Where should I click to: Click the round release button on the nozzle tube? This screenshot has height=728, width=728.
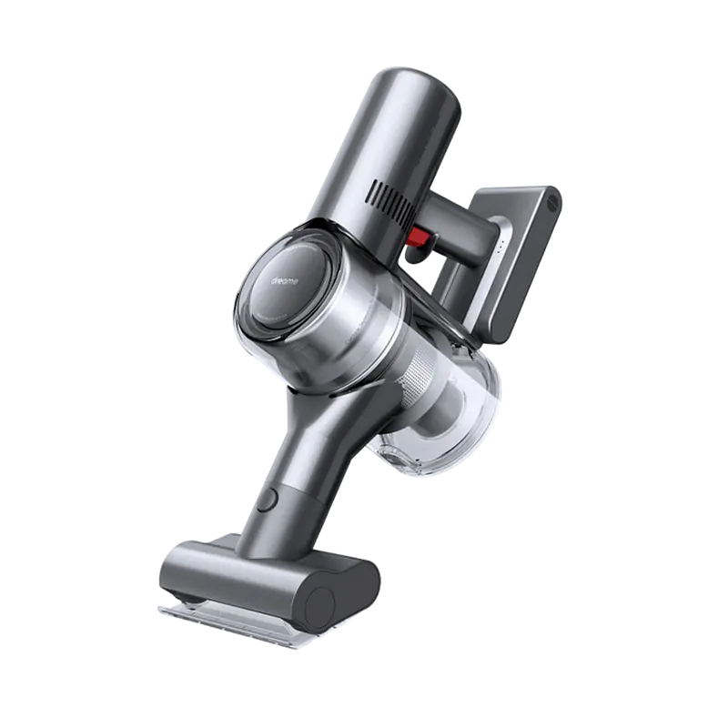click(x=268, y=500)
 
